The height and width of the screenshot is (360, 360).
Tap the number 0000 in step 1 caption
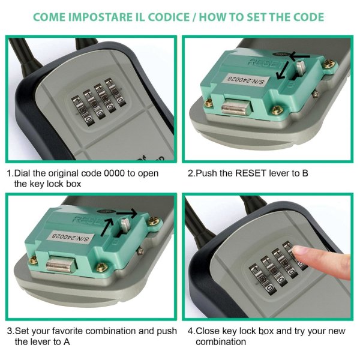pyautogui.click(x=114, y=173)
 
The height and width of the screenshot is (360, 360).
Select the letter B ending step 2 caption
pyautogui.click(x=305, y=173)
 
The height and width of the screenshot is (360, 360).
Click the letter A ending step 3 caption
pyautogui.click(x=67, y=342)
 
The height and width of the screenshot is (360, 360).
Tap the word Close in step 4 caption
pyautogui.click(x=206, y=331)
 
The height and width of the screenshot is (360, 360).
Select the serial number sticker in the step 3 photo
pyautogui.click(x=70, y=237)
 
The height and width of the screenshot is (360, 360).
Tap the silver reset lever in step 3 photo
pyautogui.click(x=125, y=225)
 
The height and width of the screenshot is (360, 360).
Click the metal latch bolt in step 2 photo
pyautogui.click(x=236, y=107)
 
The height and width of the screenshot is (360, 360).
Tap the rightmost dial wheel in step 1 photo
pyautogui.click(x=115, y=92)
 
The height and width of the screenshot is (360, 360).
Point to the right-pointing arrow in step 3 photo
pyautogui.click(x=127, y=213)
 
